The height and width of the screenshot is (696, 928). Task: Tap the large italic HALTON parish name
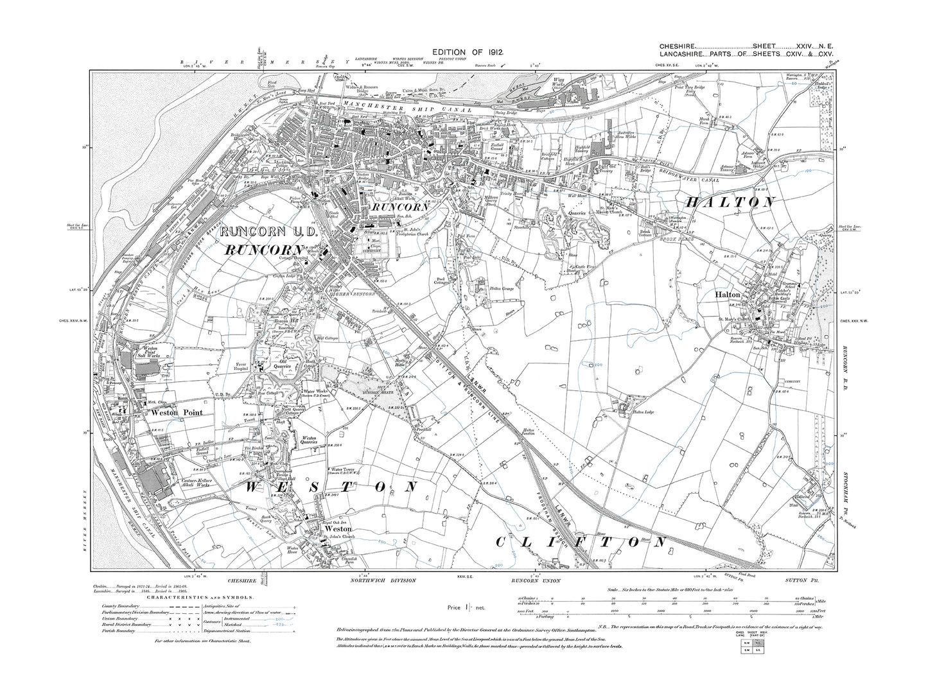point(731,202)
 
